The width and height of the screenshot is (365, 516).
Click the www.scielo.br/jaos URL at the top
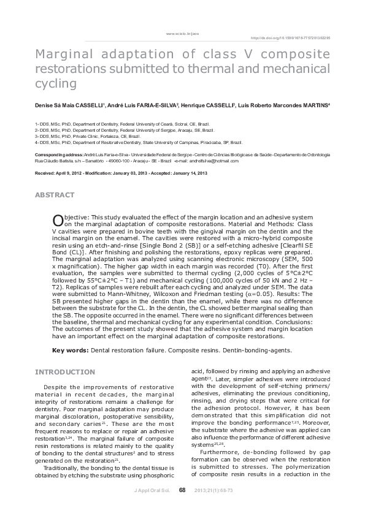point(182,32)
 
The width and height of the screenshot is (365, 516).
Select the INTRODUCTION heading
point(64,372)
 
